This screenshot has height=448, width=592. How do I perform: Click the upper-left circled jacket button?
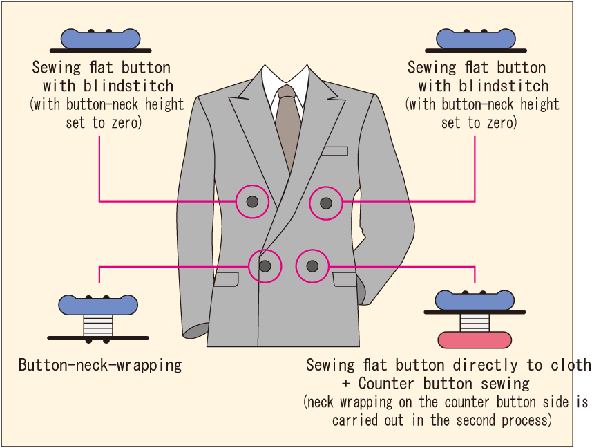click(252, 202)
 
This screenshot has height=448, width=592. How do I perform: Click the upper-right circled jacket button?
click(326, 203)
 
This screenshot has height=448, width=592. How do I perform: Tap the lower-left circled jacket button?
click(265, 265)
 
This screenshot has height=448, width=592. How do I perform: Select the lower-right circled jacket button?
click(312, 265)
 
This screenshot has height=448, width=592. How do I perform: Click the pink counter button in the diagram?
click(475, 339)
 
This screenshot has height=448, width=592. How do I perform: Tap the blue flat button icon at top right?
click(476, 39)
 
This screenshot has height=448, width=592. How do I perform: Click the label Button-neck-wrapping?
click(100, 365)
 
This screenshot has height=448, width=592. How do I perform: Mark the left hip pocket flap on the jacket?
click(227, 279)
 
